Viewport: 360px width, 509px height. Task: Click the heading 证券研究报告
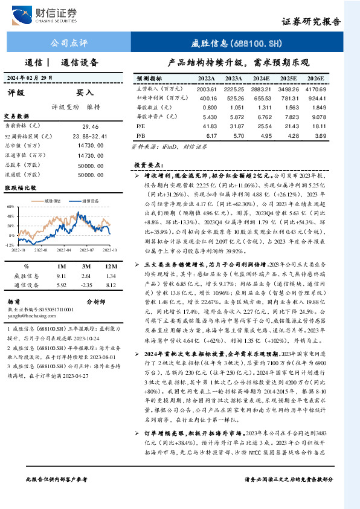[312, 21]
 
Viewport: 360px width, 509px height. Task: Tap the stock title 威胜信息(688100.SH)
[232, 44]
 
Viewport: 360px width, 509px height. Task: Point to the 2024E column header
[262, 79]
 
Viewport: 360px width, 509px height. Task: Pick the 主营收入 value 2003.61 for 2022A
[207, 88]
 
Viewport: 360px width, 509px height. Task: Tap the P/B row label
[140, 135]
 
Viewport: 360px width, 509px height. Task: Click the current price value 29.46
[90, 126]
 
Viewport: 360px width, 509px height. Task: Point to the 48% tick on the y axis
[10, 206]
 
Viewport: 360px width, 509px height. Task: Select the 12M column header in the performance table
[110, 265]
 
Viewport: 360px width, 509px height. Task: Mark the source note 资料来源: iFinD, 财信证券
[158, 147]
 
